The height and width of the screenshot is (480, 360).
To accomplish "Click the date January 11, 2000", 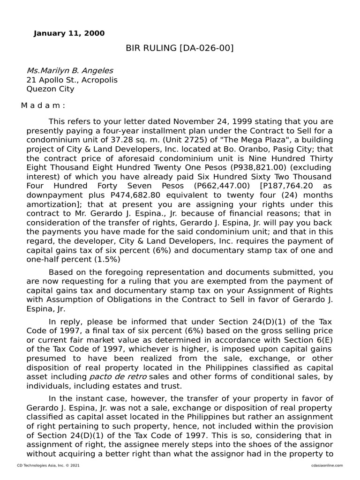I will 69,33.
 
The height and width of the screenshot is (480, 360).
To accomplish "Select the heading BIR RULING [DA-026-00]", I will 180,48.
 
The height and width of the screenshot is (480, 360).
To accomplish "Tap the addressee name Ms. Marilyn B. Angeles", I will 69,71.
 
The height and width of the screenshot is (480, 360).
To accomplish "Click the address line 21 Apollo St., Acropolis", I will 72,80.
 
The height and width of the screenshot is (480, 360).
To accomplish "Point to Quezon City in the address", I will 50,89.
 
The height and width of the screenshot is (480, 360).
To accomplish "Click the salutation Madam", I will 43,106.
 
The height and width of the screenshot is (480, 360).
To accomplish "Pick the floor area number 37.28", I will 119,140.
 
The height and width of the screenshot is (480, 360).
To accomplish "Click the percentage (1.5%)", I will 108,259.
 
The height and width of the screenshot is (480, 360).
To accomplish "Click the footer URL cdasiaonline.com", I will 326,465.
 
